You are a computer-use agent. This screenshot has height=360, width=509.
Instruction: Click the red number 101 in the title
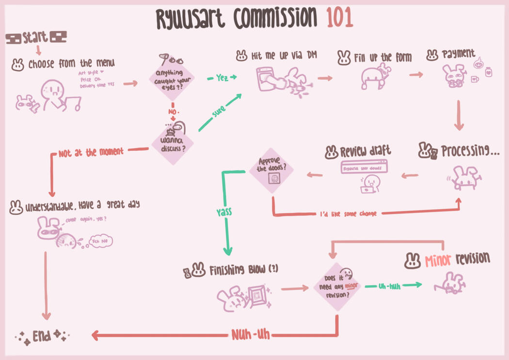click(339, 18)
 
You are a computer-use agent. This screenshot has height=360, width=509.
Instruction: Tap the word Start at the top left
click(35, 37)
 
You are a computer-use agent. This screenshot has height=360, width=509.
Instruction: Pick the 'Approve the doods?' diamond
click(272, 170)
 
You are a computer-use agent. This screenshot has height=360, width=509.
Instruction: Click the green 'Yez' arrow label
click(222, 78)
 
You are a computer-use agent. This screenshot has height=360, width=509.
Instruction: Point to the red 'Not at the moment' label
click(91, 152)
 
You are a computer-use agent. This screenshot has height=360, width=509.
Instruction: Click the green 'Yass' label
click(224, 212)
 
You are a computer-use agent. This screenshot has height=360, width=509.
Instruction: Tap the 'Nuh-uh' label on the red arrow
click(251, 334)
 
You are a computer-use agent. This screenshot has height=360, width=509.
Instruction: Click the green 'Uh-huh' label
click(389, 286)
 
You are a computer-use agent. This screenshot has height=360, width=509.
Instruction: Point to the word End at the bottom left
click(42, 336)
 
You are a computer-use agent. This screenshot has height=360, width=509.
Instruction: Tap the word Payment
click(458, 54)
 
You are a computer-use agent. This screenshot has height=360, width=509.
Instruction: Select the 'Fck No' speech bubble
click(101, 241)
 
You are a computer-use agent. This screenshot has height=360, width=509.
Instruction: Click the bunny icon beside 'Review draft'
click(331, 152)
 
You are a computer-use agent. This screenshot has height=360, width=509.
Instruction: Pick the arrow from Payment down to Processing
click(459, 116)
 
